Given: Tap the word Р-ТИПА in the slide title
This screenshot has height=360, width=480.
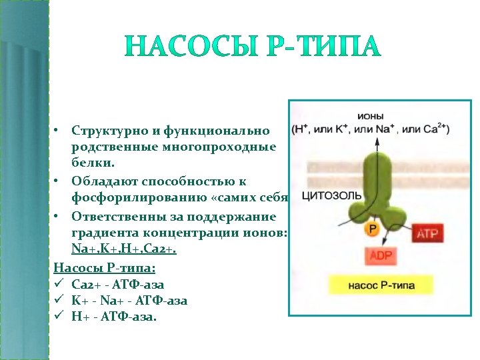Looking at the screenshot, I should pyautogui.click(x=318, y=47).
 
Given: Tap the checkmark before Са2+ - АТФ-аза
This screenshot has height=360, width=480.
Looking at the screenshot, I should pyautogui.click(x=58, y=285).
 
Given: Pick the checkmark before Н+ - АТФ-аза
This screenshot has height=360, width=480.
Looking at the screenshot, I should pyautogui.click(x=58, y=317).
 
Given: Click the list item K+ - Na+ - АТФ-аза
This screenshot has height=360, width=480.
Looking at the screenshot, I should pyautogui.click(x=129, y=301).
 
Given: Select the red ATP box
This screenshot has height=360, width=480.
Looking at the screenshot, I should pyautogui.click(x=426, y=233).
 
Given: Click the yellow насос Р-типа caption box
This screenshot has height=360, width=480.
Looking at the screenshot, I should pyautogui.click(x=381, y=285).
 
